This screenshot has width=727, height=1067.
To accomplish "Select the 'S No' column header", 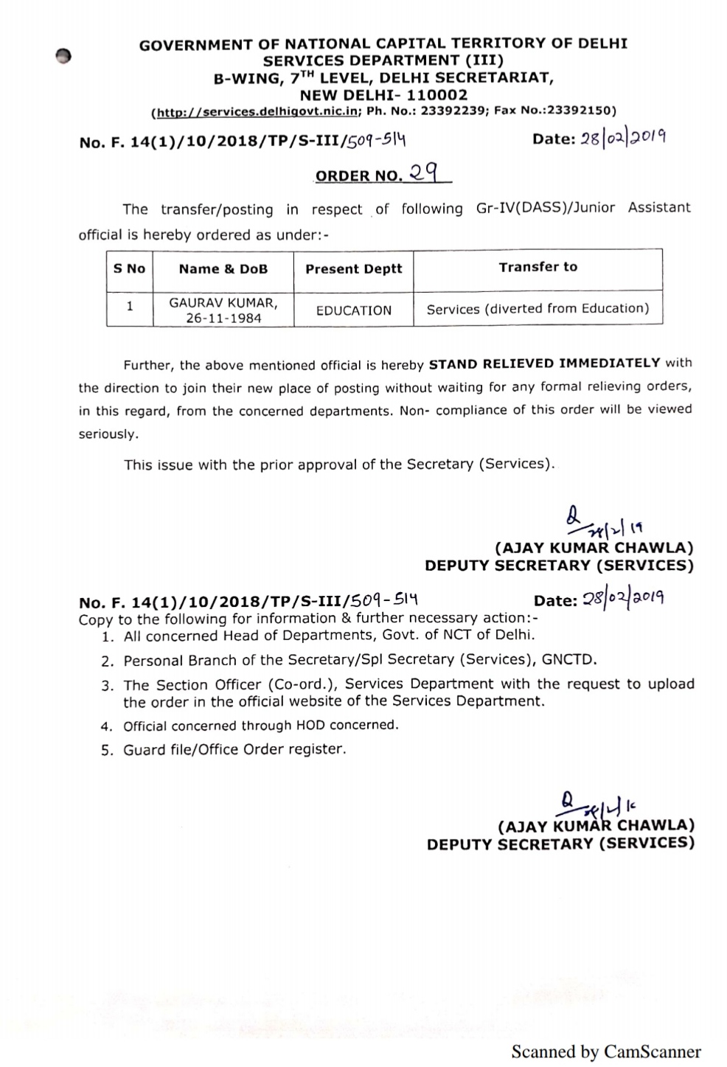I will point(130,268).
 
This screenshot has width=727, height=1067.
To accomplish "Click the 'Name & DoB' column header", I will point(223,269).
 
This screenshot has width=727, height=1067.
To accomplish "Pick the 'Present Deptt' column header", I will point(354,269).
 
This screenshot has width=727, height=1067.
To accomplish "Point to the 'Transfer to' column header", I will point(538,267).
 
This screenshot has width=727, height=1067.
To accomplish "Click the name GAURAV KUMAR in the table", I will point(223,303).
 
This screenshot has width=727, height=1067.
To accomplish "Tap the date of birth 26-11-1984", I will point(223,319).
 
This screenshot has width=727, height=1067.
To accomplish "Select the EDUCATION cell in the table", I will point(354,310).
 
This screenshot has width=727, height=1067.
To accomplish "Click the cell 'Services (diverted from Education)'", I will point(538,309).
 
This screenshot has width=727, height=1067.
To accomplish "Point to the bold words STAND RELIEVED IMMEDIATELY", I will point(544,364).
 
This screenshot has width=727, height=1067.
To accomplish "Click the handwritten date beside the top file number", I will point(624,138).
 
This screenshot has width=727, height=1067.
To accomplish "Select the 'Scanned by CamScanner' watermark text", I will point(606,1051).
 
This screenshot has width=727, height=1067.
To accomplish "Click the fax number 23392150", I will point(582,111).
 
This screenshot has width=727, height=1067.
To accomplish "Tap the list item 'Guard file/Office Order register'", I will point(234,749).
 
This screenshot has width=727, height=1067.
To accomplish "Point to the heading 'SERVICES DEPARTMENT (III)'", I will point(383,60).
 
